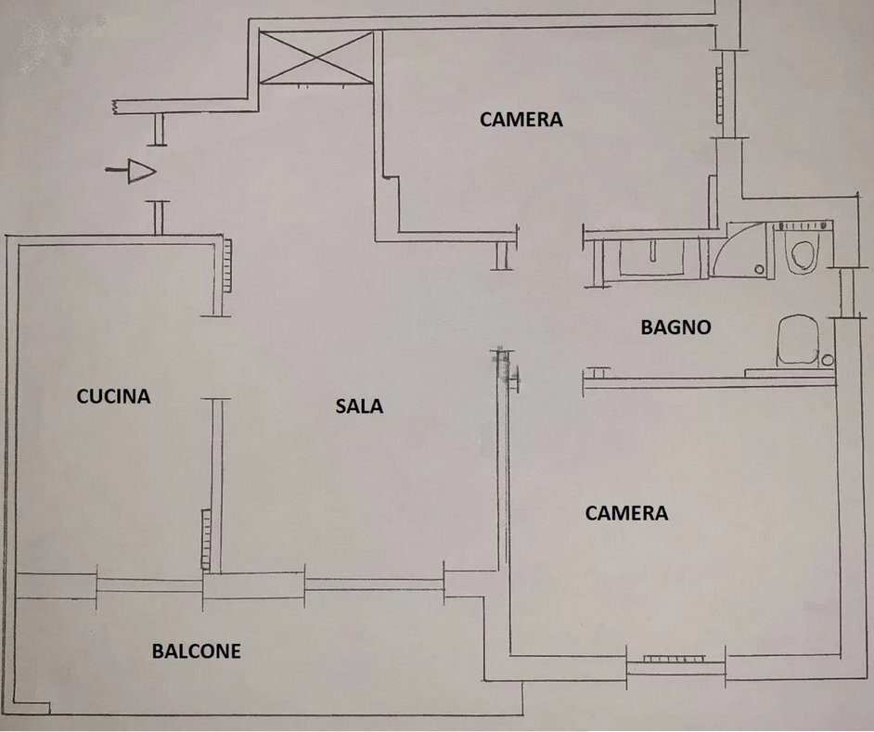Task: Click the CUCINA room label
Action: [x=113, y=396]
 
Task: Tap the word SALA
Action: [x=359, y=405]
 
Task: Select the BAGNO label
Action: [x=675, y=327]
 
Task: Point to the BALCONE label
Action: [x=196, y=651]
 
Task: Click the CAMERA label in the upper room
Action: [x=521, y=119]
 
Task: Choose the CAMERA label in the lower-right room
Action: [x=626, y=513]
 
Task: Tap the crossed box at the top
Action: [x=316, y=57]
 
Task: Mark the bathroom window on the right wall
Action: [x=845, y=292]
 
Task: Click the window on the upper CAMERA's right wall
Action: [x=720, y=93]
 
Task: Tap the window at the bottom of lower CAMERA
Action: [x=675, y=659]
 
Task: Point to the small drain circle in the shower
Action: [x=760, y=269]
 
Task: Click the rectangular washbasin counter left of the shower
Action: [x=654, y=258]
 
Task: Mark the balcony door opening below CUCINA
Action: [x=149, y=584]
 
